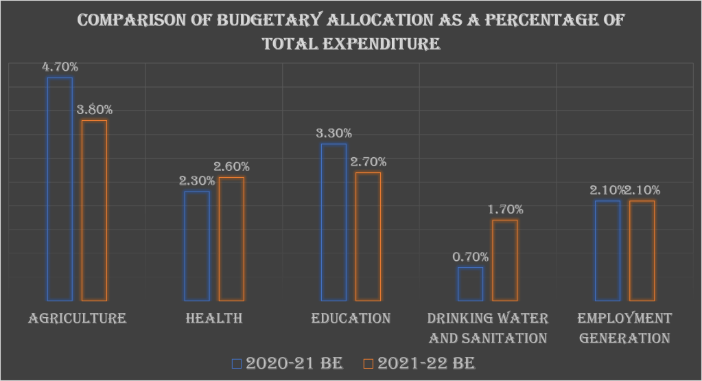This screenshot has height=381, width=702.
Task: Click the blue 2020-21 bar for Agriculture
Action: tap(60, 189)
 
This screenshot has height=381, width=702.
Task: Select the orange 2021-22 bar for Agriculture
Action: tap(94, 210)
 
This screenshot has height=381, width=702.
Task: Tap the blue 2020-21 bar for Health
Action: tap(197, 246)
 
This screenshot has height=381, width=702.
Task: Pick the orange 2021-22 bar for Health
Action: tap(231, 239)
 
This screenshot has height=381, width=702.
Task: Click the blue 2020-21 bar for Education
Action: tap(334, 222)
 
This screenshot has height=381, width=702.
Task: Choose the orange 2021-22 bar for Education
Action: tap(368, 236)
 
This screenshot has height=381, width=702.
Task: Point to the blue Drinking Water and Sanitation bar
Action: tap(470, 284)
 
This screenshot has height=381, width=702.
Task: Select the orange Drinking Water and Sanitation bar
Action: tap(504, 260)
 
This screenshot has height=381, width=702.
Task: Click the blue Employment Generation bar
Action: tap(607, 251)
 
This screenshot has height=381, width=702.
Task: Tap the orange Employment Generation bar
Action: tap(642, 251)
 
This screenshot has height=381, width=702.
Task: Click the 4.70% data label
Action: tap(60, 67)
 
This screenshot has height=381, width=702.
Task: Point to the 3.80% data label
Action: tap(95, 110)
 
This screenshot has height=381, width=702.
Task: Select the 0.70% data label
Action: tap(471, 257)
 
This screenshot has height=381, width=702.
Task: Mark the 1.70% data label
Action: tap(506, 209)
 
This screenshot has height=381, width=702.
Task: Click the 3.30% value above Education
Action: tap(334, 133)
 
